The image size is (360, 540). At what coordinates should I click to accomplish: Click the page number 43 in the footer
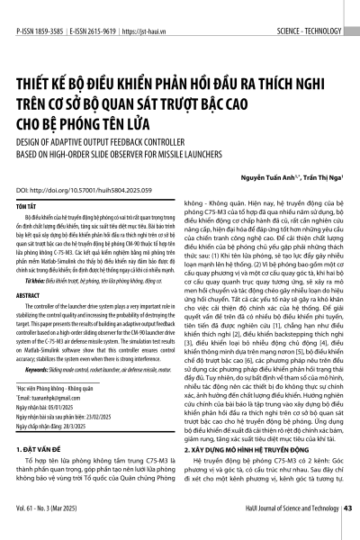coord(346,532)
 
